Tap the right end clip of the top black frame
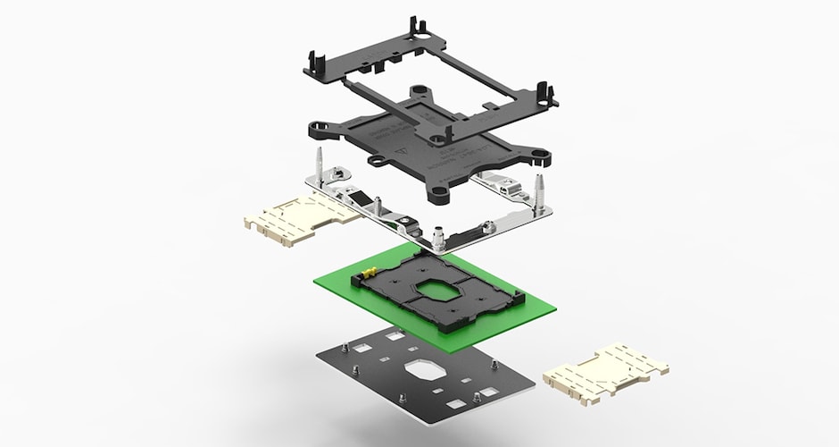[546, 92]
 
